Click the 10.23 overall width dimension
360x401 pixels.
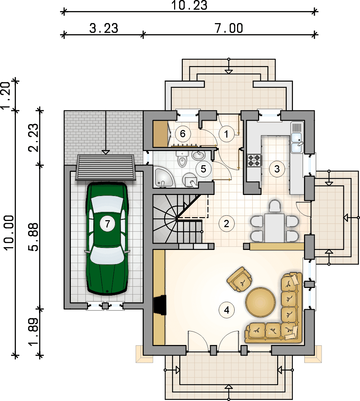189,5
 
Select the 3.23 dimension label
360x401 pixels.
104,28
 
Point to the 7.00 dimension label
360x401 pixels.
229,28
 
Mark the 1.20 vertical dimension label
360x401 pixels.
5,96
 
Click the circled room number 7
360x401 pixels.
107,224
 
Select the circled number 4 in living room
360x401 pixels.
227,310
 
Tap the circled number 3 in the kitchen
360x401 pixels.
277,169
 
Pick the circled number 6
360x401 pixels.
182,133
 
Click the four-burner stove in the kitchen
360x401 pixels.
254,161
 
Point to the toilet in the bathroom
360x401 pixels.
182,159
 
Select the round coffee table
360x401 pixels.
260,302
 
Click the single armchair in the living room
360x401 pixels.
239,279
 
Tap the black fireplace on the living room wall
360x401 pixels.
160,305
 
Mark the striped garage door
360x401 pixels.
105,168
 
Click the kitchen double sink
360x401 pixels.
297,142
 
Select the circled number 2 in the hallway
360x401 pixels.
226,224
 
